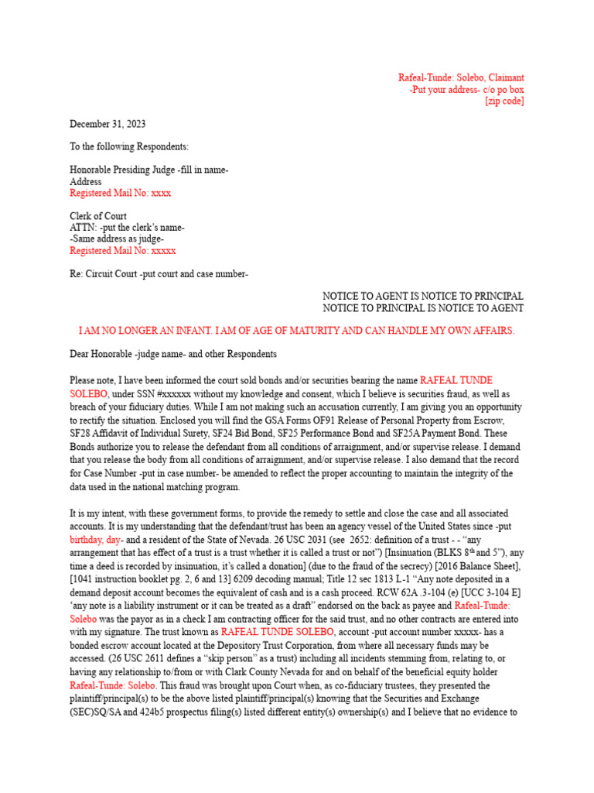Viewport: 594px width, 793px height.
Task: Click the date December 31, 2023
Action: (108, 124)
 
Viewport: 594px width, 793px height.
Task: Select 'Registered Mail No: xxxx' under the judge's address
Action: (121, 193)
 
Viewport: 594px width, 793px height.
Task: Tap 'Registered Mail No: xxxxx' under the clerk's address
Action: (123, 251)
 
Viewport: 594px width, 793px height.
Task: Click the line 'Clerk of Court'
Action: (98, 216)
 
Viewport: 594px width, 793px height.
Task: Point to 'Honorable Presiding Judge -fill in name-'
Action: (149, 170)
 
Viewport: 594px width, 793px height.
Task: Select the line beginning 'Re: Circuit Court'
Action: (159, 274)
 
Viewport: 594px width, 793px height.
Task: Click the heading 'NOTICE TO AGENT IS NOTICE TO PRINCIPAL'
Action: (422, 297)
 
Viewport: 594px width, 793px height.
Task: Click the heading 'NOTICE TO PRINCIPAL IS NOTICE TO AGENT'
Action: (422, 308)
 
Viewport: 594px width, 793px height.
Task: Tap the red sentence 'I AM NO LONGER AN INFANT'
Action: (296, 331)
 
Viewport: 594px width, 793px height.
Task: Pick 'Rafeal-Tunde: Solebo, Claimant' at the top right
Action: (461, 78)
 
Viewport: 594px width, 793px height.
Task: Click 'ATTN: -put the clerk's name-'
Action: (127, 228)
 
